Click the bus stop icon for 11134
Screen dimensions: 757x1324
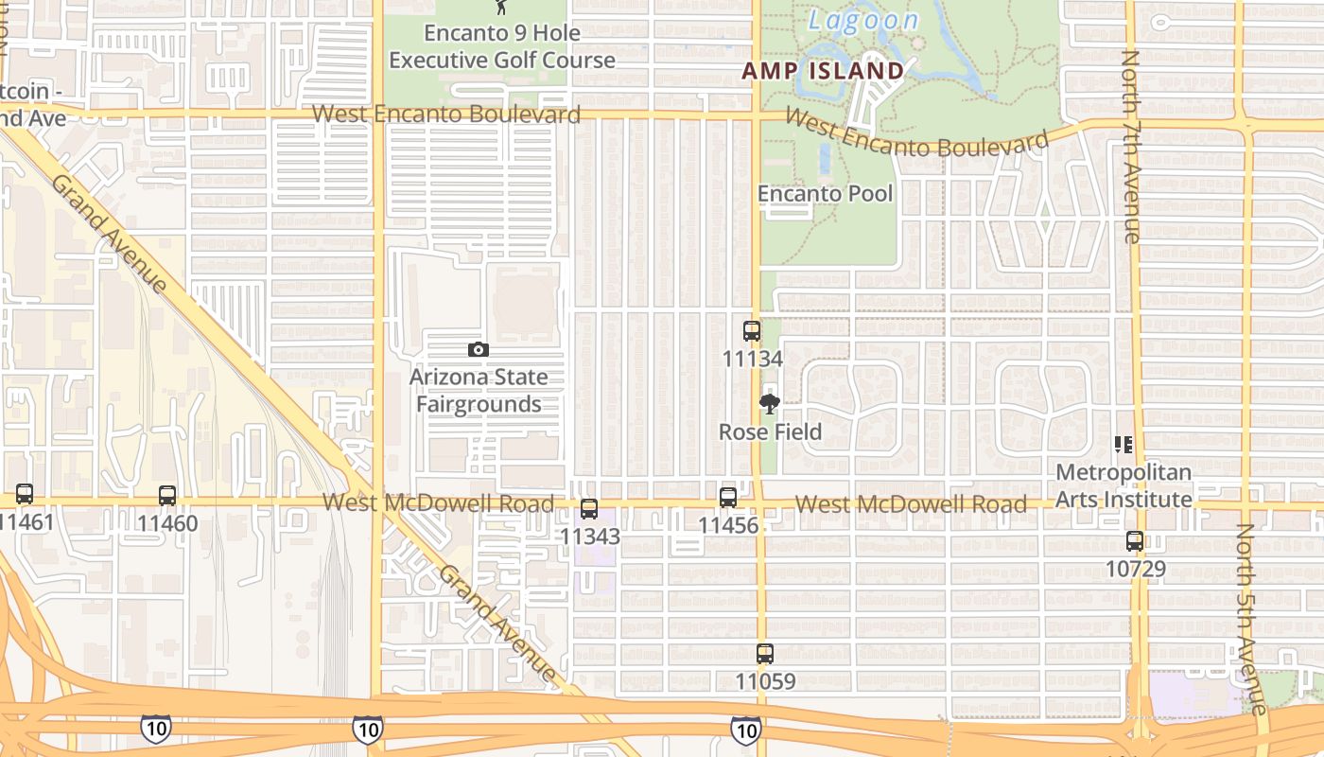point(752,331)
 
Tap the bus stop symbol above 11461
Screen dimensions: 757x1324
point(25,494)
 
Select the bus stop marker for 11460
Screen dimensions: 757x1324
point(167,495)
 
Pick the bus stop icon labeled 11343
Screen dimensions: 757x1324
point(589,509)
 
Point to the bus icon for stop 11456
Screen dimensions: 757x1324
point(728,497)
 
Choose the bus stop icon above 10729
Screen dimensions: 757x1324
point(1135,541)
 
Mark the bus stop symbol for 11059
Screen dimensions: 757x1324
point(765,653)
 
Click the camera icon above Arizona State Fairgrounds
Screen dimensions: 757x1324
point(479,349)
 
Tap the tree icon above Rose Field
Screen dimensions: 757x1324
point(770,405)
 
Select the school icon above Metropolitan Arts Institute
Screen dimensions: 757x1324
point(1124,444)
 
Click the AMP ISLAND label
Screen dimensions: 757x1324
point(823,71)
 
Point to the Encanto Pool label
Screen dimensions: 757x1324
point(826,194)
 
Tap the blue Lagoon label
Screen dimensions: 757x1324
point(863,21)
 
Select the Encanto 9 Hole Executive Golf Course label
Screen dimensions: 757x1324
point(502,46)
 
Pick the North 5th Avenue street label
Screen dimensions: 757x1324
point(1251,620)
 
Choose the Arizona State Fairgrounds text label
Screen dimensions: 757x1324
point(479,391)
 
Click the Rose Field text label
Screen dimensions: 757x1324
point(770,432)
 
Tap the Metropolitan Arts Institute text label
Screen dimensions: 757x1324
point(1124,485)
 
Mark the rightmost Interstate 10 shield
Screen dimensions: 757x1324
point(745,729)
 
